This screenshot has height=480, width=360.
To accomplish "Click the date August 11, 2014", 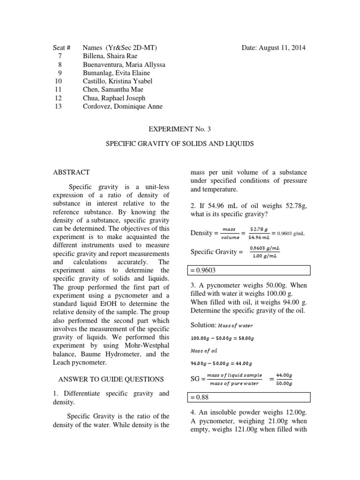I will click(274, 48).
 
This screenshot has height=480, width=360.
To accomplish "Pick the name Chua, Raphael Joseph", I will click(113, 98).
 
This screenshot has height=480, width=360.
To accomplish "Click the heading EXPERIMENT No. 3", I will click(180, 127).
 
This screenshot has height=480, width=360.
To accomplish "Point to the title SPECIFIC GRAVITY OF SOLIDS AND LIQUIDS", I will click(180, 144).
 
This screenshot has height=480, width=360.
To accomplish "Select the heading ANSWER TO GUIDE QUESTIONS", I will click(110, 379).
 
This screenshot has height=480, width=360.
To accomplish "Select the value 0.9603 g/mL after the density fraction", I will click(291, 233).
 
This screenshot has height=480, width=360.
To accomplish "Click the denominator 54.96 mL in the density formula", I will click(259, 238).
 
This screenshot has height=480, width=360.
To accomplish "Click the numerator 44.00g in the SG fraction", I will click(284, 375).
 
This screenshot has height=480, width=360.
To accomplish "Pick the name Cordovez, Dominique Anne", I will click(122, 106).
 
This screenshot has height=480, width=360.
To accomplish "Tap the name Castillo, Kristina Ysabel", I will click(117, 81).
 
